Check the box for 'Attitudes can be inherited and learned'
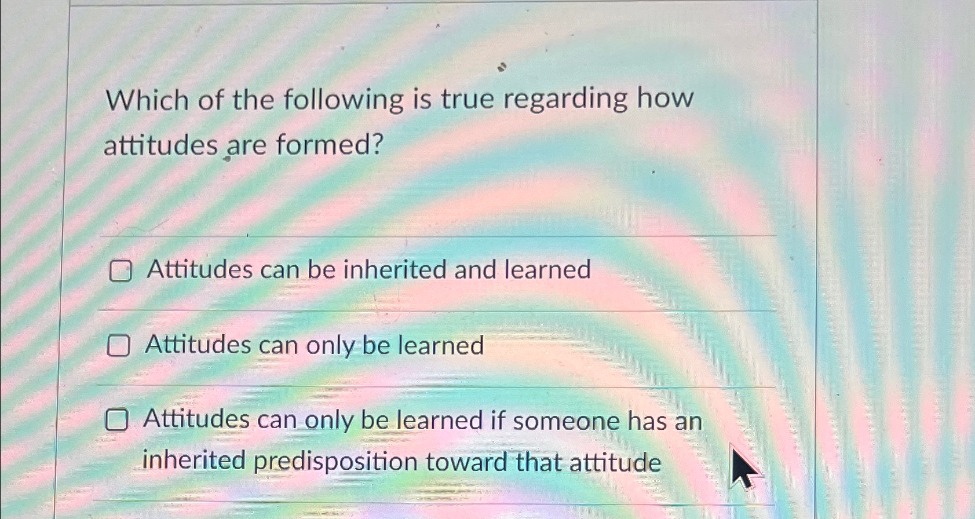(120, 271)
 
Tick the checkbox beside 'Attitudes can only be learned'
(118, 346)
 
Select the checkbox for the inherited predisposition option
(116, 420)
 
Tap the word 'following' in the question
(343, 100)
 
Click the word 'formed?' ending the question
(330, 144)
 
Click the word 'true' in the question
(467, 98)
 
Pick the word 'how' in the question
(665, 97)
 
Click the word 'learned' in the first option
(547, 269)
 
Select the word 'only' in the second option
(330, 346)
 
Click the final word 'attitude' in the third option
(615, 462)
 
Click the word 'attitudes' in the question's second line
(160, 145)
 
